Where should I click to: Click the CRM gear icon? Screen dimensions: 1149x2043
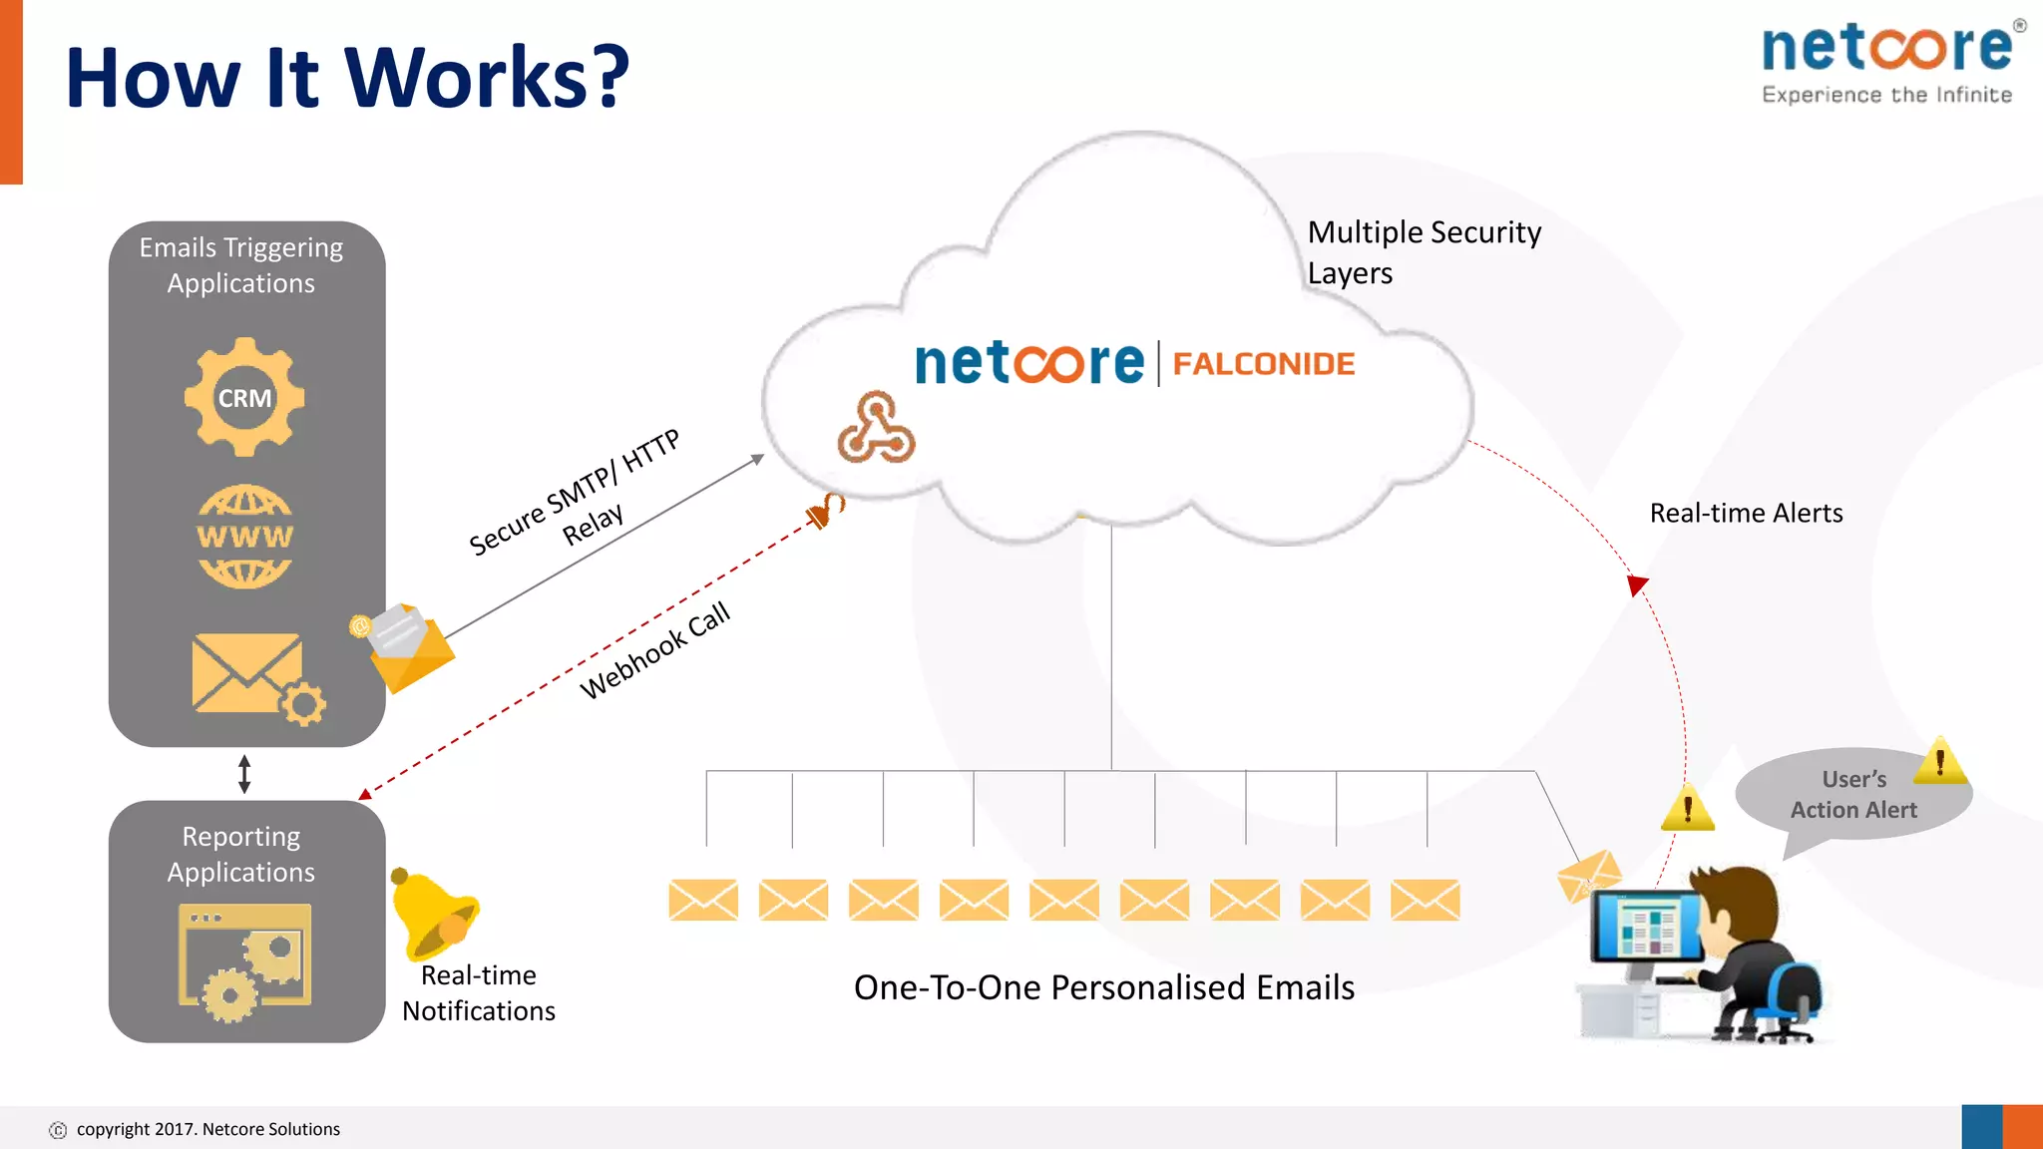tap(244, 397)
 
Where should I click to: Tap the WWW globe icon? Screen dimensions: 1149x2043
tap(244, 537)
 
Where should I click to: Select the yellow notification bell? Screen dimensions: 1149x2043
tap(433, 913)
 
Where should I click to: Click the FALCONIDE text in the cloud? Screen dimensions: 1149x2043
tap(1263, 364)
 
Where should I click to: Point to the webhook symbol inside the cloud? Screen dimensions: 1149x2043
tap(875, 429)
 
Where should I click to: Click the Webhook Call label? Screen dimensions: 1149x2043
tap(655, 650)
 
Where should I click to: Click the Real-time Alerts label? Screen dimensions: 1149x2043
tap(1746, 513)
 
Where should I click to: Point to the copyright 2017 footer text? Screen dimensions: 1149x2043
tap(207, 1129)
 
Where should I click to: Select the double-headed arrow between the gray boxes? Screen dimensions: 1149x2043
tap(244, 774)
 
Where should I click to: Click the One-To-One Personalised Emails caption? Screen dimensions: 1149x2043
tap(1103, 987)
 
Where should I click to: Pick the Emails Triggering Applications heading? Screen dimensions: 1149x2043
tap(241, 265)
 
